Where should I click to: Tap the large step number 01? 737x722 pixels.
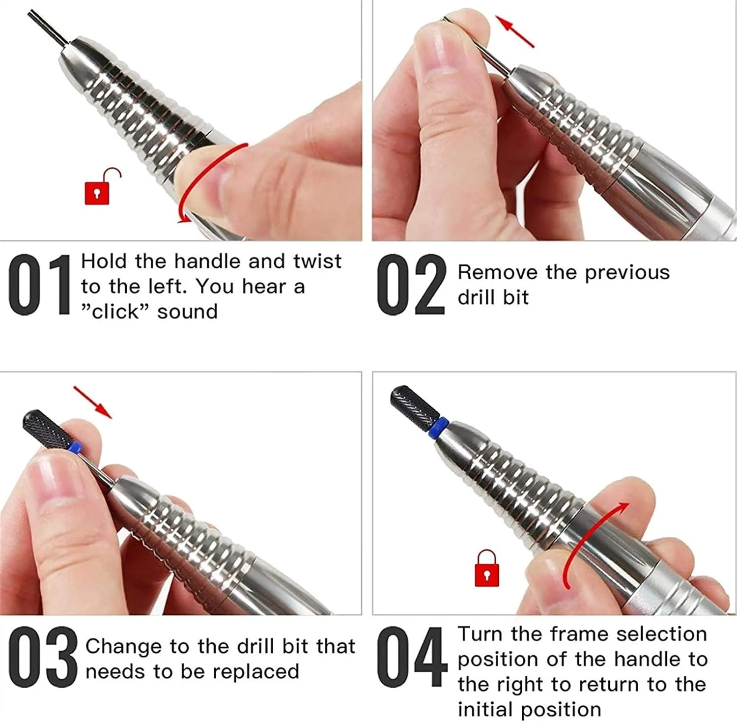(40, 285)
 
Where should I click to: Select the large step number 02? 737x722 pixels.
(411, 285)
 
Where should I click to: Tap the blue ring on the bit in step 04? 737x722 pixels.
(439, 427)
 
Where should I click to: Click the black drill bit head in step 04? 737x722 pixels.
(413, 405)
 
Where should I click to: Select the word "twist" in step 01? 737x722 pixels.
(317, 261)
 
